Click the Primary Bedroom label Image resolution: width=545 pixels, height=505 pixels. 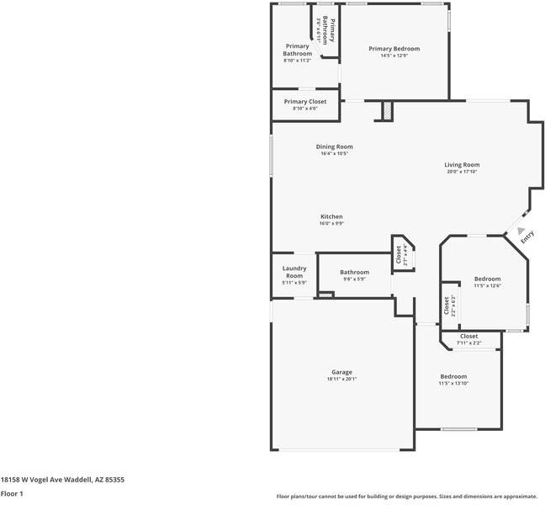(x=394, y=49)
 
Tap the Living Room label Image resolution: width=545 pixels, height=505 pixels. (x=462, y=165)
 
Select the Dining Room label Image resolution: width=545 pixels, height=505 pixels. (x=334, y=146)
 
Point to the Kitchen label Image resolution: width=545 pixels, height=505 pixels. (x=331, y=217)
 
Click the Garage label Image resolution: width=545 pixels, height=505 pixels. (x=341, y=372)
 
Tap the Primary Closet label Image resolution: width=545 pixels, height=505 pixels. (x=304, y=102)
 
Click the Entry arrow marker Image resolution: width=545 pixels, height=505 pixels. (x=521, y=231)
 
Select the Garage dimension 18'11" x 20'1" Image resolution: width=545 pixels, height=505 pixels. (x=341, y=380)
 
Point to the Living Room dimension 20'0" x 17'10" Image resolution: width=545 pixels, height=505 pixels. (x=462, y=173)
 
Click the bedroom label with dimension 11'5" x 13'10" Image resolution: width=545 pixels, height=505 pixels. (x=452, y=376)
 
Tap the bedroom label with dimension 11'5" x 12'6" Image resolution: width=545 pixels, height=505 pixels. (x=487, y=279)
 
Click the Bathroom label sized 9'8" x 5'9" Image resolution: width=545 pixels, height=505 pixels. (x=354, y=272)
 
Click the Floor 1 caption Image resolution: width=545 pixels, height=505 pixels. (x=12, y=494)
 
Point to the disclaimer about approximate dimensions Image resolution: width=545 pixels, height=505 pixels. (x=407, y=496)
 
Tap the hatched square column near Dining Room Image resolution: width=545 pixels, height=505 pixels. (x=387, y=111)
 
